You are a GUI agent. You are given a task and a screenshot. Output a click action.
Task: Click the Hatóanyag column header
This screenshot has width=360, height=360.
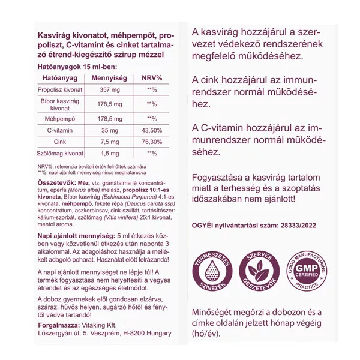coord(59,79)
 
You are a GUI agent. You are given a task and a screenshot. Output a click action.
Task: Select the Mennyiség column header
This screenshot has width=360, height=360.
coord(110,79)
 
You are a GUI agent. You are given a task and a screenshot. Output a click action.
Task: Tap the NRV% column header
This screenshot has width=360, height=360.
coord(151,79)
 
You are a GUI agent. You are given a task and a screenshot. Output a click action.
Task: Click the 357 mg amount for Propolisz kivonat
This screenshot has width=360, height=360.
coord(110,90)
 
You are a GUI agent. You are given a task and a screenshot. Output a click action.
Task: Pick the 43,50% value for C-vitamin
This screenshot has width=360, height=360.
coord(151,130)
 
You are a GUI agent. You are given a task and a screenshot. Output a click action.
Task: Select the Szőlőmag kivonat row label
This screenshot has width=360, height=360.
coord(59,154)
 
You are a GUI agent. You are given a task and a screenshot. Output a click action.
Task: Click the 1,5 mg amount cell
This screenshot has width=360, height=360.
coord(110,154)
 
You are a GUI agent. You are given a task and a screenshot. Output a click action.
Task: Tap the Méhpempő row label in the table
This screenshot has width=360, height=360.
coord(59,119)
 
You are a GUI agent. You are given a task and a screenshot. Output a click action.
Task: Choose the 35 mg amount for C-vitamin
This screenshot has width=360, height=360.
coord(110,130)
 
